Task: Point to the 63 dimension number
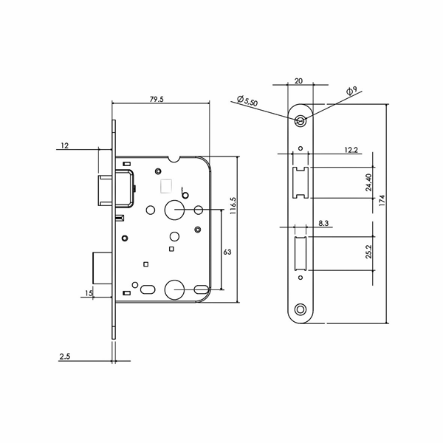227,252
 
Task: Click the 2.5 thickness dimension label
65,357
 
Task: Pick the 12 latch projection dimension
65,145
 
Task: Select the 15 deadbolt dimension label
89,293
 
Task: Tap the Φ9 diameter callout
353,92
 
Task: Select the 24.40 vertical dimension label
369,182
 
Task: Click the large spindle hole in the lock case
177,210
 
